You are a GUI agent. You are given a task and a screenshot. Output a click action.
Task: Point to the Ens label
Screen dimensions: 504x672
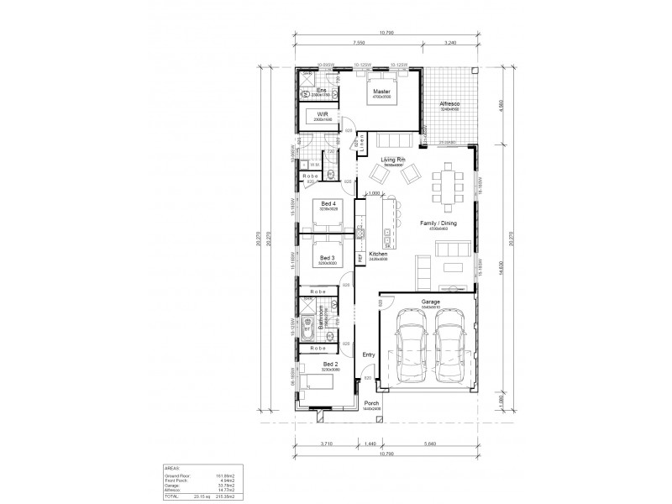pyautogui.click(x=321, y=90)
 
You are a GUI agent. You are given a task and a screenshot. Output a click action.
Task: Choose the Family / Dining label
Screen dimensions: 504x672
pyautogui.click(x=438, y=223)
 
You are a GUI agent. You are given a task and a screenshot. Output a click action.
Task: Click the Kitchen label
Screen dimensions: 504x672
pyautogui.click(x=378, y=253)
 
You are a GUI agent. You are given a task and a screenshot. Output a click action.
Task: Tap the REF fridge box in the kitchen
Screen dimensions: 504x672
pyautogui.click(x=360, y=259)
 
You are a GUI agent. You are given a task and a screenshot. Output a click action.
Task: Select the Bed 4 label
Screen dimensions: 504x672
pyautogui.click(x=328, y=203)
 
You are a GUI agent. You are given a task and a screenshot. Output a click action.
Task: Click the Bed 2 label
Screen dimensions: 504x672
pyautogui.click(x=328, y=364)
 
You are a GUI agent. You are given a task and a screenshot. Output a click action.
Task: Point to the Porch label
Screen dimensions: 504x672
pyautogui.click(x=371, y=403)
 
